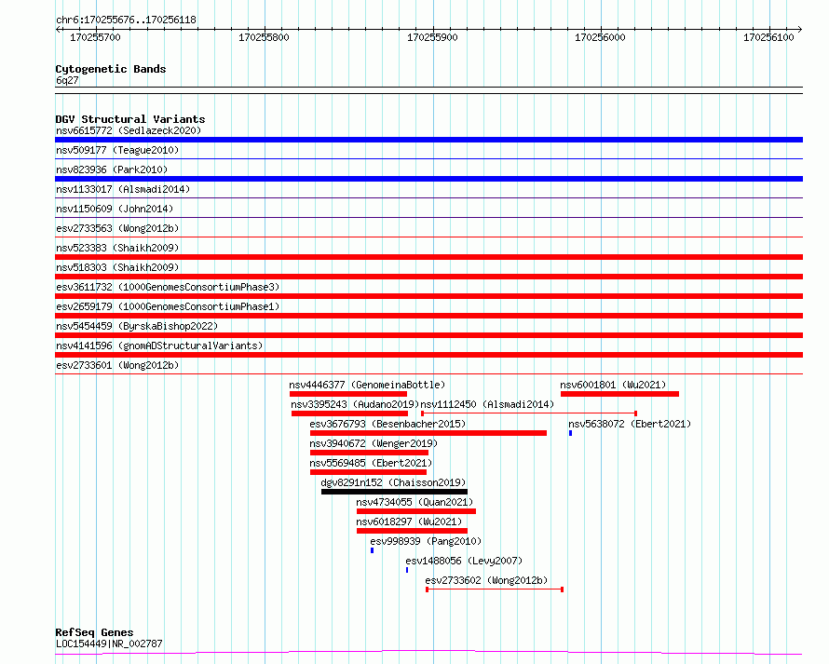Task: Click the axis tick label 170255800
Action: coord(264,37)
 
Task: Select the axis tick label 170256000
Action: coord(600,37)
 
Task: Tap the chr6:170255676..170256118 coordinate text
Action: coord(126,20)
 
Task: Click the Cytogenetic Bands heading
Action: coord(111,69)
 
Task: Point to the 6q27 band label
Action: coord(67,80)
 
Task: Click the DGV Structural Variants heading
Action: coord(130,119)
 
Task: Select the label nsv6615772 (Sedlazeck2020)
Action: coord(129,130)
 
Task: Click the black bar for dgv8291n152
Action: coord(394,492)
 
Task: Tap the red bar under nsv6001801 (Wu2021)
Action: coord(619,394)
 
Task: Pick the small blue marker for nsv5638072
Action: coord(570,433)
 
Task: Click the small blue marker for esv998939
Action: coord(373,550)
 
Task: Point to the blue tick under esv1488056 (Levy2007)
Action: coord(407,570)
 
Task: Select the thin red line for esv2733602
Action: coord(495,589)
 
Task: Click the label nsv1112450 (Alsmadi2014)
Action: coord(487,404)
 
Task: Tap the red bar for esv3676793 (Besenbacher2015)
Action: coord(428,433)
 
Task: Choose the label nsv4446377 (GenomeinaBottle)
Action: coord(367,385)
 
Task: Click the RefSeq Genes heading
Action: coord(94,632)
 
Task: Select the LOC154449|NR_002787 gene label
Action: coord(109,644)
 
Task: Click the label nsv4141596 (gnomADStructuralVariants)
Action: coord(159,346)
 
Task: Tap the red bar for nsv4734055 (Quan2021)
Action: coord(416,511)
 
